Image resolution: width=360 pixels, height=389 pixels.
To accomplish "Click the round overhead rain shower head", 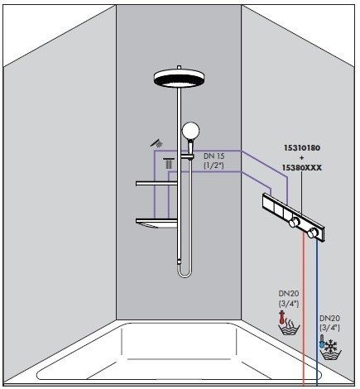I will point(179,79).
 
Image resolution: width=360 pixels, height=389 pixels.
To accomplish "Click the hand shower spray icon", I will point(155,143).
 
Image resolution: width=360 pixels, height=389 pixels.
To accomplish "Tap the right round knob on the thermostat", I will point(312,234).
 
